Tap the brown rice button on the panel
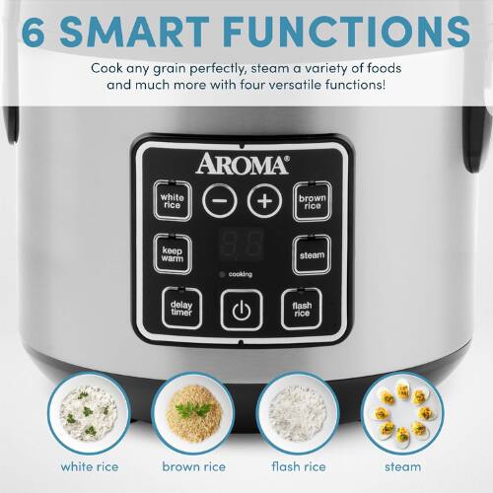(312, 200)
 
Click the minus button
(219, 200)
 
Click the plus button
(263, 200)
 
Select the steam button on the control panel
(309, 254)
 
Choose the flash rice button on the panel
(302, 310)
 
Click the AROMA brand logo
(242, 163)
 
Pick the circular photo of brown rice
(192, 414)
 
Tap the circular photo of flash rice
(299, 414)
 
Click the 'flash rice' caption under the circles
(298, 466)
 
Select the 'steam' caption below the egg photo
(404, 466)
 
